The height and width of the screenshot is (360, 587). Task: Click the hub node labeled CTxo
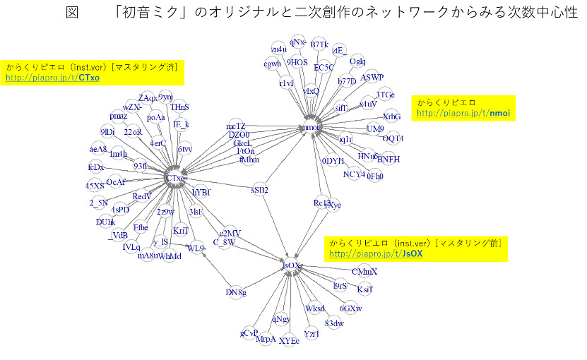tap(174, 178)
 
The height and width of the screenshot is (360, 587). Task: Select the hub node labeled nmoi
tap(310, 127)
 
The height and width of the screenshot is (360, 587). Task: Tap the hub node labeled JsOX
tap(290, 265)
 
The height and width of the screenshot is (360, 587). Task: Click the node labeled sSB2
tap(260, 189)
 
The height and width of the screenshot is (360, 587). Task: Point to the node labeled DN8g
tap(236, 292)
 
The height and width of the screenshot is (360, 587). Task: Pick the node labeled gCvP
tap(249, 332)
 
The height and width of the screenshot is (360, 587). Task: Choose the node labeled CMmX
tap(364, 271)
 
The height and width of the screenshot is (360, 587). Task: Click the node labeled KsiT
tap(364, 289)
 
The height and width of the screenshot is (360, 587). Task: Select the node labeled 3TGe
tap(385, 95)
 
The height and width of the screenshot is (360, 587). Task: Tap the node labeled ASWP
tap(372, 77)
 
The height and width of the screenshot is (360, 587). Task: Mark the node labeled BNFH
tap(388, 160)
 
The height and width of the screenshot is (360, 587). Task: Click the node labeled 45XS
tap(95, 185)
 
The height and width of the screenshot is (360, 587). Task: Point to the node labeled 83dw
tap(334, 323)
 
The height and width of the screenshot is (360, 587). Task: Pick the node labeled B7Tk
tap(319, 45)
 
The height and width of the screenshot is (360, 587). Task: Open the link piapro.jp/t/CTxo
tap(52, 78)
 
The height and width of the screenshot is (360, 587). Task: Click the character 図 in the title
tap(72, 14)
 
